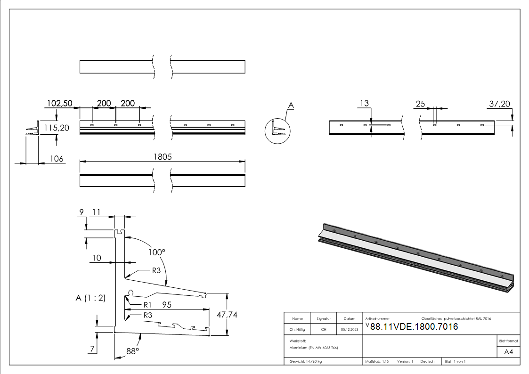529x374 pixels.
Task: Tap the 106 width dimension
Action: coord(57,159)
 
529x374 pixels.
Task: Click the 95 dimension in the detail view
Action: coord(166,305)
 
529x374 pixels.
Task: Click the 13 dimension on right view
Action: coord(364,104)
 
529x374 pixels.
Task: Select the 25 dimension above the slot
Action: coord(421,104)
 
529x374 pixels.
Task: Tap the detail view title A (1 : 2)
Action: coord(90,298)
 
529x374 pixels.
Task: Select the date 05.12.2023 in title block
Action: coord(349,330)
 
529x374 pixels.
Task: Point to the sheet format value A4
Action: coord(508,352)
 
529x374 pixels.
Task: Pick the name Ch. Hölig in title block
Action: coord(297,330)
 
